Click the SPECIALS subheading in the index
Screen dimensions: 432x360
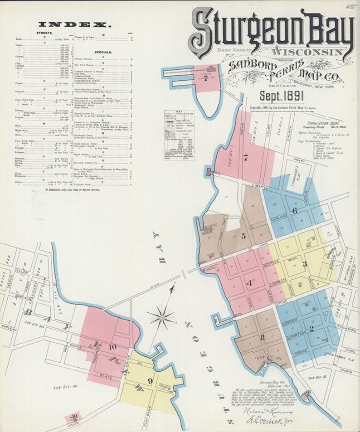point(103,52)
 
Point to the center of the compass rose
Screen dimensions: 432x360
point(162,316)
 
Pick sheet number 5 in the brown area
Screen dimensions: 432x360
point(243,236)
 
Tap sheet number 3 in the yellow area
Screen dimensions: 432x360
point(305,264)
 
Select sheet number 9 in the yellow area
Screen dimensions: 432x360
point(150,381)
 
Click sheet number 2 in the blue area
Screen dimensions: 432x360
point(311,329)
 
